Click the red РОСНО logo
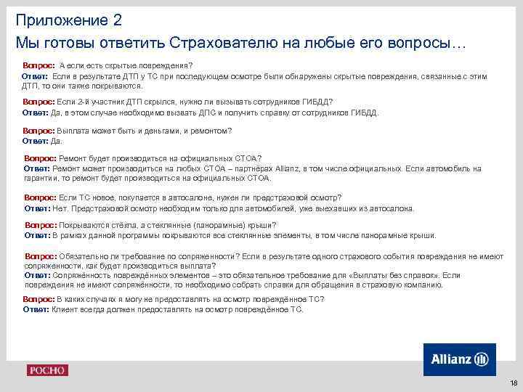47,370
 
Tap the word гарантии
40,178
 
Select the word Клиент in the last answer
65,309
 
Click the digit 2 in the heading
117,19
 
